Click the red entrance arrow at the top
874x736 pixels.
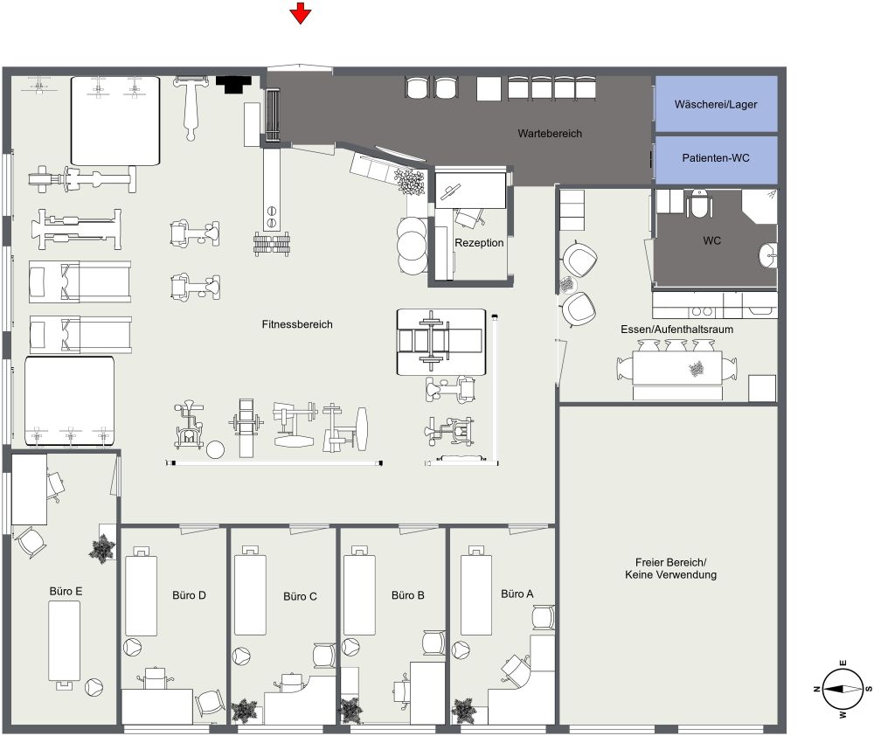click(301, 13)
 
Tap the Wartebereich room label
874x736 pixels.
click(550, 134)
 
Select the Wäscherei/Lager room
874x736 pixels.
click(716, 104)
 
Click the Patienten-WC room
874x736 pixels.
click(716, 158)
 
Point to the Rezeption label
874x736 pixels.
click(479, 243)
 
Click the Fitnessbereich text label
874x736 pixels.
click(297, 324)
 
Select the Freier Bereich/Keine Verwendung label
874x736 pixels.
click(670, 568)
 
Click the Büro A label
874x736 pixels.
click(517, 594)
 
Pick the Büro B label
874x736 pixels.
click(408, 596)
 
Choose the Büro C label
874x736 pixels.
click(300, 597)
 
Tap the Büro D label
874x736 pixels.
click(190, 596)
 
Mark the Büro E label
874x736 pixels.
click(66, 592)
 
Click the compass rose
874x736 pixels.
click(840, 689)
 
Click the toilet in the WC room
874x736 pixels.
click(699, 205)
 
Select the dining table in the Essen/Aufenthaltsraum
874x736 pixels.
click(678, 369)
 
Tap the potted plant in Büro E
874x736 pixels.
click(103, 548)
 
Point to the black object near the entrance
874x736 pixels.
click(232, 84)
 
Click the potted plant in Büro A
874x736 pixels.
click(464, 709)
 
